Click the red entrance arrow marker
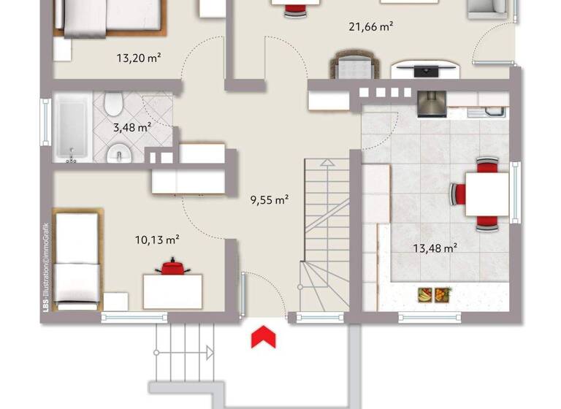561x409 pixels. pos(262,337)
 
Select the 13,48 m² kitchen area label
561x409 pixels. pos(435,248)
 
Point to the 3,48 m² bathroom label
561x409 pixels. pos(131,127)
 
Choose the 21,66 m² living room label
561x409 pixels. pos(371,27)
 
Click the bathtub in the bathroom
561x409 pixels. pos(72,129)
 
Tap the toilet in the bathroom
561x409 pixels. pos(113,104)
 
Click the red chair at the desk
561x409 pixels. pos(173,267)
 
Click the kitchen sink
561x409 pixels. pos(488,112)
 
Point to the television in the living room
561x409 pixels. pos(424,70)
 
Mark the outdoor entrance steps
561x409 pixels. pos(186,351)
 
